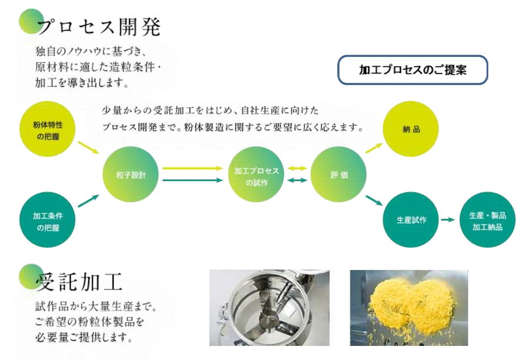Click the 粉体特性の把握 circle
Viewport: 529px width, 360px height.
[48, 129]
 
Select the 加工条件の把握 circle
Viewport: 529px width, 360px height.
[48, 220]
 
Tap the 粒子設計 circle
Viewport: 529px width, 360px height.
[130, 174]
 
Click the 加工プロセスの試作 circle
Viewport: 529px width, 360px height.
[256, 174]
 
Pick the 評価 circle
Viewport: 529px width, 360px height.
[339, 174]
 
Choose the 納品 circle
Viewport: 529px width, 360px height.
[411, 129]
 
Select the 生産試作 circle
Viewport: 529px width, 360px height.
[411, 220]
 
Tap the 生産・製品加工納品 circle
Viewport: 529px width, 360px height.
[487, 220]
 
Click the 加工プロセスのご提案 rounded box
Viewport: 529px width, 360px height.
[413, 70]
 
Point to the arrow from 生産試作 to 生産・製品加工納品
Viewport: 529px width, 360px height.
[448, 220]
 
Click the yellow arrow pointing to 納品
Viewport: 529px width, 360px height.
[374, 148]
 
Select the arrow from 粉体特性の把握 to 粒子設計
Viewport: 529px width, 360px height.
[88, 147]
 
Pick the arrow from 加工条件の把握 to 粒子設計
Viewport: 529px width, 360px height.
[88, 201]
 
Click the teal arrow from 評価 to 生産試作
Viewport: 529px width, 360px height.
[374, 200]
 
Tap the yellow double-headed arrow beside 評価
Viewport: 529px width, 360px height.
[297, 168]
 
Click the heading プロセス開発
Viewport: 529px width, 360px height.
[99, 27]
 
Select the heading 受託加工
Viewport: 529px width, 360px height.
[79, 282]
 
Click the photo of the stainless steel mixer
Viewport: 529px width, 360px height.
[269, 307]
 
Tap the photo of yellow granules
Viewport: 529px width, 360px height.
[409, 307]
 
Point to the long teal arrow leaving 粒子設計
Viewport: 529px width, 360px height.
[193, 180]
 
